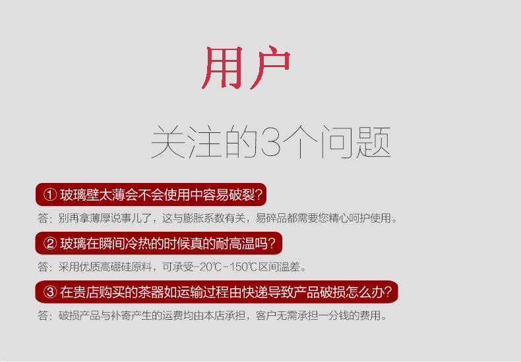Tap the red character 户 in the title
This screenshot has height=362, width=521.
point(270,67)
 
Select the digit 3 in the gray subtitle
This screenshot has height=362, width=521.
point(271,142)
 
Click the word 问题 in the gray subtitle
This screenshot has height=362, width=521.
point(355,142)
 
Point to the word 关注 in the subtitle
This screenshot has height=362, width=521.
point(186,142)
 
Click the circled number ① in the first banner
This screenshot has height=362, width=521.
point(50,195)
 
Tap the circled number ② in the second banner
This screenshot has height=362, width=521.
point(50,244)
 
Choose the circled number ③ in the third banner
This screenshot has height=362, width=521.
point(50,292)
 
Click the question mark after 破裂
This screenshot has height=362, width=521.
point(259,195)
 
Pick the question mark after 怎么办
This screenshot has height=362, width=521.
point(388,292)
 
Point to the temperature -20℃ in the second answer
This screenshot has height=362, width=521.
point(206,267)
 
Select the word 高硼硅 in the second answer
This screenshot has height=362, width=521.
point(115,267)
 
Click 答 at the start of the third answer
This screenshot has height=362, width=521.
point(43,315)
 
